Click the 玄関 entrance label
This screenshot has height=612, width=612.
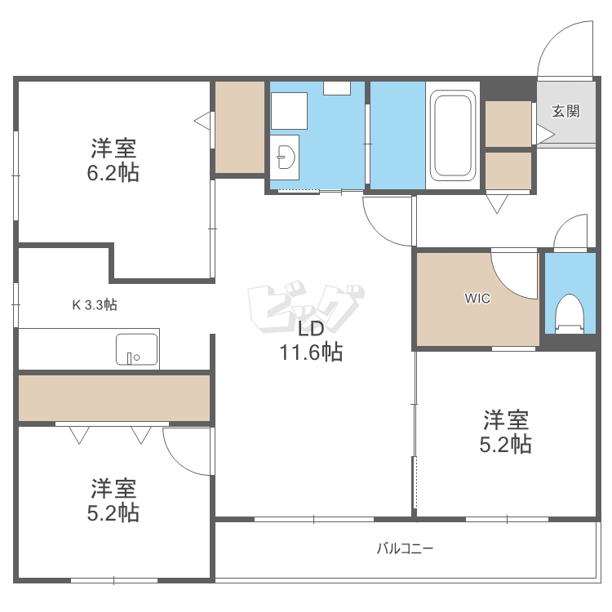565,112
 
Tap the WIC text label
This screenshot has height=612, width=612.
477,299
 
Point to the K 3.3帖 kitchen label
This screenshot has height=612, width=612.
95,305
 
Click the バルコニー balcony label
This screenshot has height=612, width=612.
405,548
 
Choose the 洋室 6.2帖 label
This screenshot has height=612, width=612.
113,161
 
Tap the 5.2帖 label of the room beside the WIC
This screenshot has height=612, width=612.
506,432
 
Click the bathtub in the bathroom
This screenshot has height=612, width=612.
453,135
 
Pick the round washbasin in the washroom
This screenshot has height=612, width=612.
285,155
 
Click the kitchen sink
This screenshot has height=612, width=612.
137,349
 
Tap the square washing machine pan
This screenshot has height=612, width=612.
289,110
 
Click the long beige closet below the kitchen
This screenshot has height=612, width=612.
114,397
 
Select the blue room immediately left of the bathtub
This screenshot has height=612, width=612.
397,135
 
